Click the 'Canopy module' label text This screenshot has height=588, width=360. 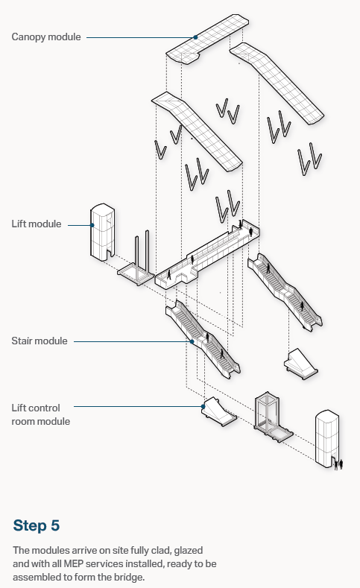pos(46,37)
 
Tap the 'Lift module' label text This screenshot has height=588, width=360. pos(37,224)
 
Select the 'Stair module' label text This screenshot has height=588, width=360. pos(40,341)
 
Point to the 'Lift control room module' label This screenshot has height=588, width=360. pos(40,414)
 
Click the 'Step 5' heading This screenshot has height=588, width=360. pos(37,525)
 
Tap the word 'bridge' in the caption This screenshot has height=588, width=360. pos(130,577)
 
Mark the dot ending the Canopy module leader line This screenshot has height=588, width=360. pos(195,37)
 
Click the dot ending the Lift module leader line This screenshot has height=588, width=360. pos(92,225)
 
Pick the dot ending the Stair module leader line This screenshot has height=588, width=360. pos(192,341)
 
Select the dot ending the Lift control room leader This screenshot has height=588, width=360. pos(203,406)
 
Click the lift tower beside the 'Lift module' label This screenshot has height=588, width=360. pos(102,231)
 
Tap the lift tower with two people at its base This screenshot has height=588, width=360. pos(327,438)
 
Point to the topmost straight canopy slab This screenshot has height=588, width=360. pos(207,39)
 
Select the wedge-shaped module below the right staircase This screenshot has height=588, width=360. pos(301,364)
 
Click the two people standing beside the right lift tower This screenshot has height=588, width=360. pos(338,464)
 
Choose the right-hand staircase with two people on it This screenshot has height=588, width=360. pos(285,291)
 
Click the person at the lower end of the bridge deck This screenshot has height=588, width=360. pos(169,275)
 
